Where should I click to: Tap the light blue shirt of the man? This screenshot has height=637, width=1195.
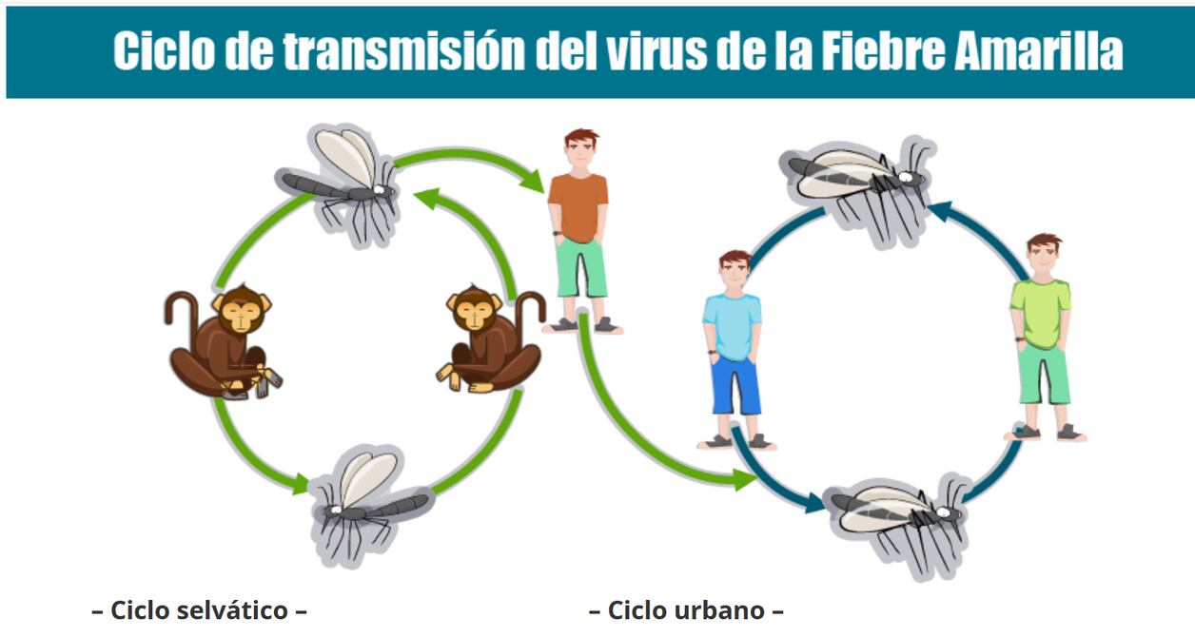click(x=732, y=326)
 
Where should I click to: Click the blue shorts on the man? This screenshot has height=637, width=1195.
click(x=735, y=385)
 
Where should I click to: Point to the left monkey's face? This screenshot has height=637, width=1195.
click(x=241, y=316)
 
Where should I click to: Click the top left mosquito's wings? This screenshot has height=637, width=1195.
click(x=346, y=156)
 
